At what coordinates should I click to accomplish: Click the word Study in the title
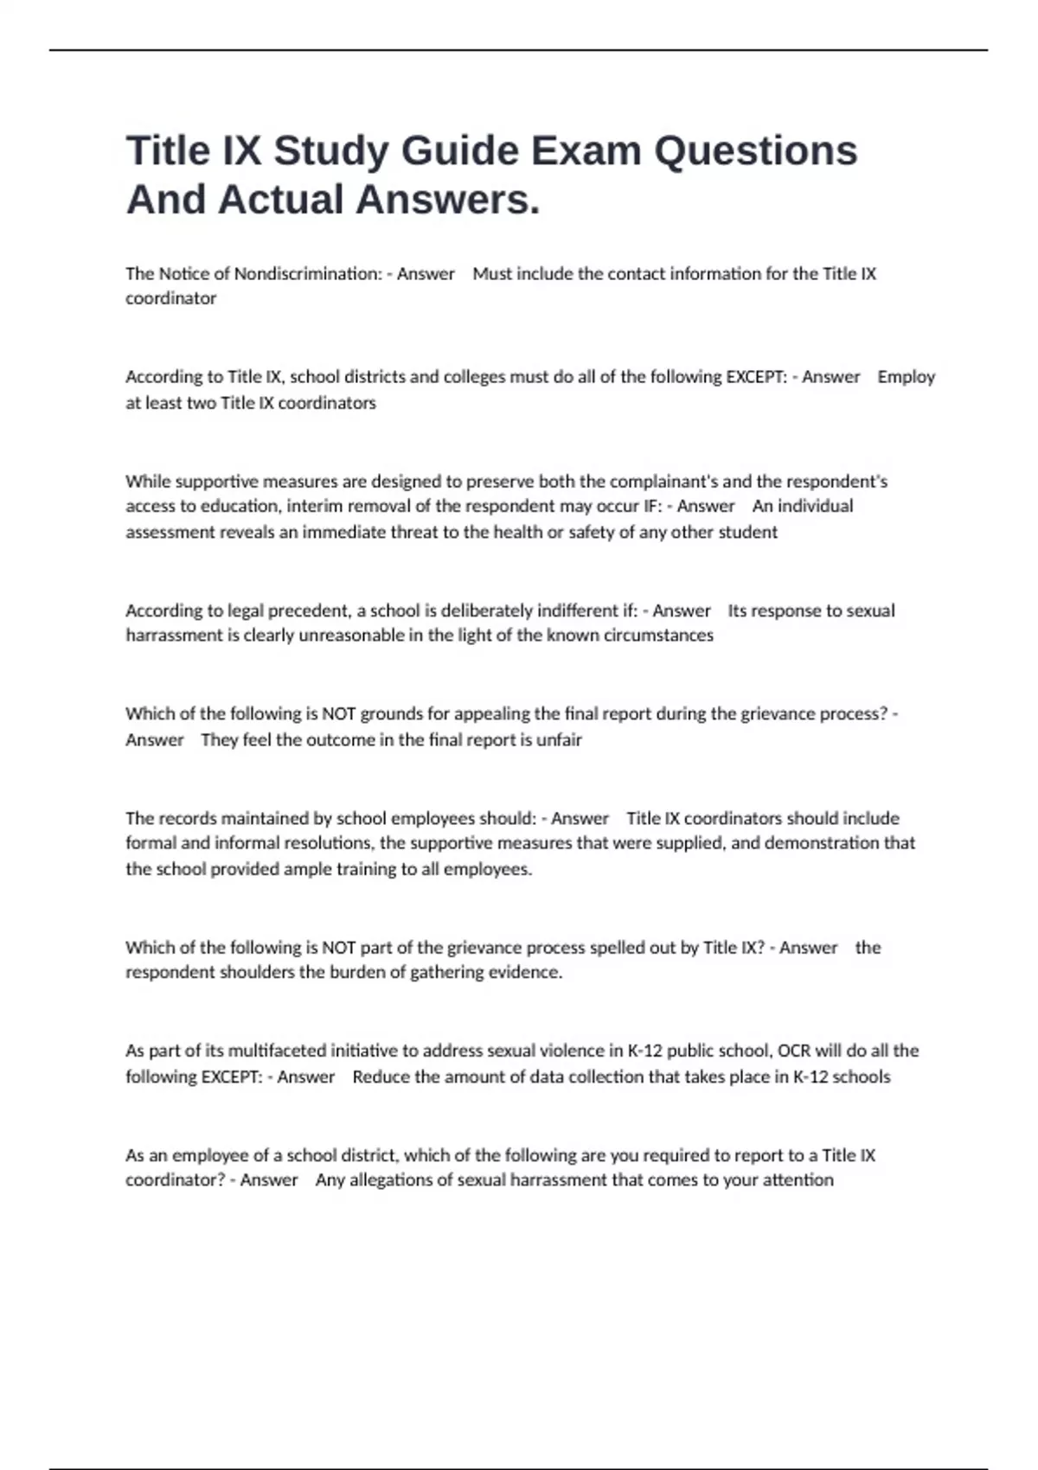point(331,151)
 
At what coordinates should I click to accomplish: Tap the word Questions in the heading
point(755,151)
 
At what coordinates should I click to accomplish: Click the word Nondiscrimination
point(308,274)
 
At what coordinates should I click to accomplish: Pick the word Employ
point(906,377)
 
